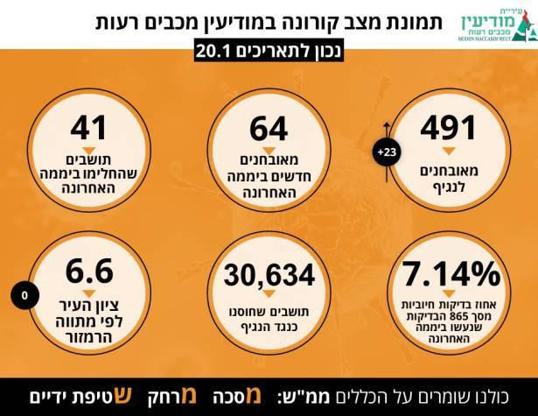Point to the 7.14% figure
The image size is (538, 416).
(446, 273)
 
